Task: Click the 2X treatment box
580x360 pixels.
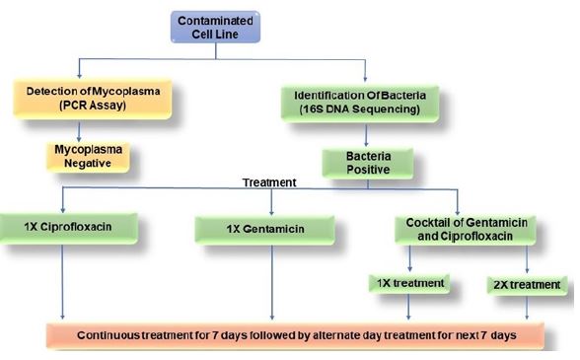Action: [528, 285]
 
